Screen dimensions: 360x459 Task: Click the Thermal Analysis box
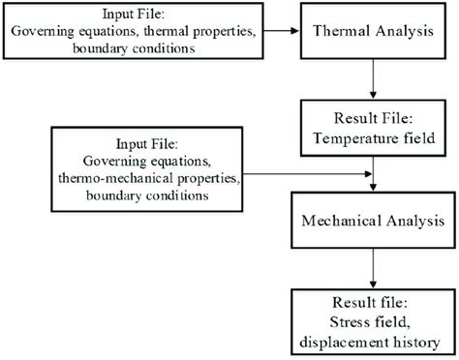click(374, 32)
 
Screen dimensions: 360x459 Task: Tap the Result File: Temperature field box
click(374, 127)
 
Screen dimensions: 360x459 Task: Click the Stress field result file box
click(374, 318)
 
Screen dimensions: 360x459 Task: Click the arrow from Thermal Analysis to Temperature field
click(374, 79)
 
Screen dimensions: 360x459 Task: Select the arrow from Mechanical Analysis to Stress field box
click(374, 268)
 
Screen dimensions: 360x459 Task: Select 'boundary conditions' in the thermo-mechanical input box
click(139, 196)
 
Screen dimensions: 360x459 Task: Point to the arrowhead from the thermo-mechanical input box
click(367, 175)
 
